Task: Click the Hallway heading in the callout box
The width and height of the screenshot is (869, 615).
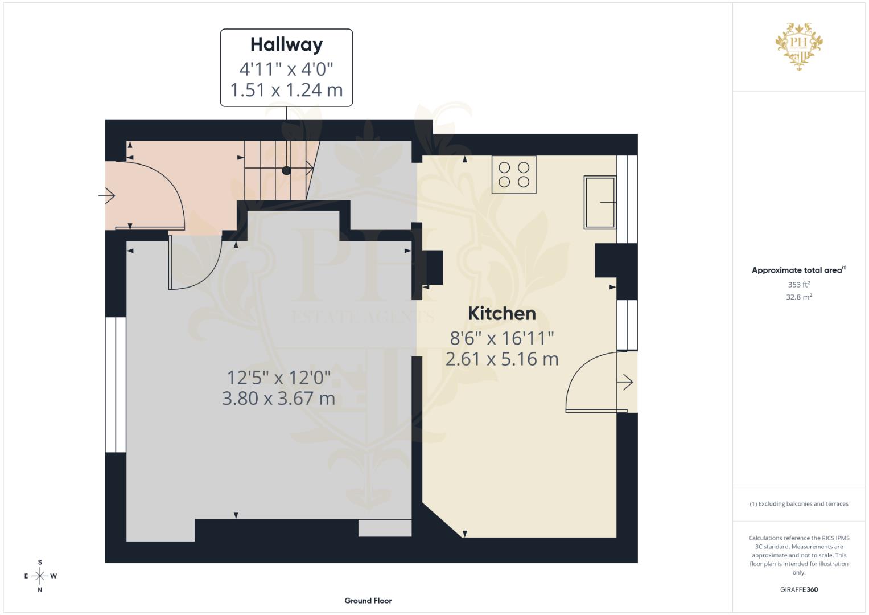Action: [286, 44]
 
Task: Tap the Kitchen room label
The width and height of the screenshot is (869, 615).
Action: [501, 313]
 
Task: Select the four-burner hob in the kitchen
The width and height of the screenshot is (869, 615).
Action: [514, 175]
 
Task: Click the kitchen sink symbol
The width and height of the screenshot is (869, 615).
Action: [600, 202]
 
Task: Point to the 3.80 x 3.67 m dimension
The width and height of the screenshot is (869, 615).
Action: [278, 398]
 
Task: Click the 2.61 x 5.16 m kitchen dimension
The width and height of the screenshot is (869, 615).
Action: [501, 359]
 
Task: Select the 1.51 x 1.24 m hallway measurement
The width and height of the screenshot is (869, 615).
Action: [286, 90]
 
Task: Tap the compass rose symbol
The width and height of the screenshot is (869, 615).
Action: [40, 576]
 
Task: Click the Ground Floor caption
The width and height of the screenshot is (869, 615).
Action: [368, 600]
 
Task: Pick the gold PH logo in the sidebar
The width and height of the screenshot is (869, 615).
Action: [799, 46]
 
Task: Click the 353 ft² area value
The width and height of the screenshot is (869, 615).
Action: [798, 284]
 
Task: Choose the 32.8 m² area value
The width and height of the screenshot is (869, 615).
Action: [798, 297]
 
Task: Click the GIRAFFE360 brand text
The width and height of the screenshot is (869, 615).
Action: [798, 589]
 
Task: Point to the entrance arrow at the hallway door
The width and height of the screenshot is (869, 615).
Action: [107, 196]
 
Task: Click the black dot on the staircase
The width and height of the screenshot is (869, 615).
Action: [286, 170]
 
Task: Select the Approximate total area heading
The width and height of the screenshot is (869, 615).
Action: [798, 270]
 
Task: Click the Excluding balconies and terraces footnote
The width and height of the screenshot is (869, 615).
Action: [798, 504]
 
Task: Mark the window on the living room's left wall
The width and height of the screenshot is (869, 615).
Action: [116, 384]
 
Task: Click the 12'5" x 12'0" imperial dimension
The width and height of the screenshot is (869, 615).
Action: [278, 377]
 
